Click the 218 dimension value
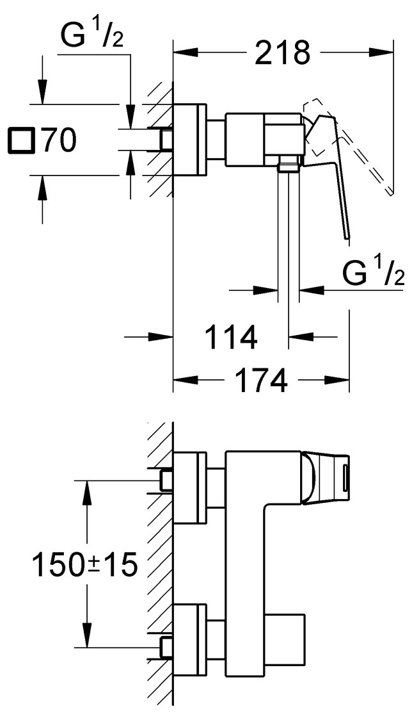pyautogui.click(x=282, y=53)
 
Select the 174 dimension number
pyautogui.click(x=262, y=382)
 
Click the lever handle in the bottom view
pyautogui.click(x=330, y=477)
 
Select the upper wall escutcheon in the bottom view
pyautogui.click(x=190, y=487)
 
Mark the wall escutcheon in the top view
pyautogui.click(x=190, y=140)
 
